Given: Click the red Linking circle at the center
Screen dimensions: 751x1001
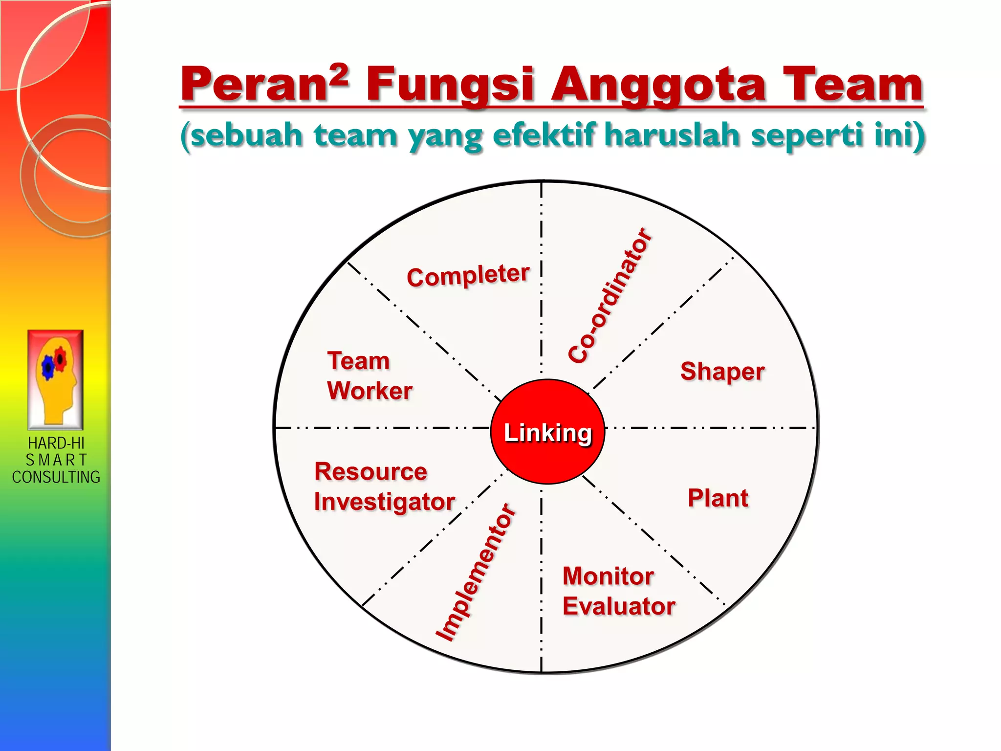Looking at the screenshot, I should (x=547, y=432).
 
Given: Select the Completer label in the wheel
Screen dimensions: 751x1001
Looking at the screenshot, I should (x=468, y=276).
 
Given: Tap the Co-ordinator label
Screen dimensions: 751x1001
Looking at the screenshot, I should (x=610, y=296).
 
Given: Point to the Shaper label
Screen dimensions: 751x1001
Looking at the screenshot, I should (x=722, y=372).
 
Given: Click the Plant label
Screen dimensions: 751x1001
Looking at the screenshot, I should (x=718, y=498).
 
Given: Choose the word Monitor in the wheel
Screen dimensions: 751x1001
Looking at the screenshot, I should (x=608, y=576).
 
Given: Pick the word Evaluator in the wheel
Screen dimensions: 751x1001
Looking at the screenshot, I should (x=618, y=606).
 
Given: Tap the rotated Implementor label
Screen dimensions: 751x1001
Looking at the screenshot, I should (x=475, y=572).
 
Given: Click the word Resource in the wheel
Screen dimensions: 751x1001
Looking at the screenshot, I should (x=370, y=472).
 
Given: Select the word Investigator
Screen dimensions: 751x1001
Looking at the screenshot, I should (x=384, y=502).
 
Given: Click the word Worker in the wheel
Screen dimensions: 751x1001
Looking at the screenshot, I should (x=370, y=391).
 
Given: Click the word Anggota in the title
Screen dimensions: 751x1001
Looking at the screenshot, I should (x=658, y=86).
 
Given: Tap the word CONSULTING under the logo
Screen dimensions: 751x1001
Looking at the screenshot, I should (x=56, y=477).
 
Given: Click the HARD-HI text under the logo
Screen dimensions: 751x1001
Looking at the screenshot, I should (x=56, y=443).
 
